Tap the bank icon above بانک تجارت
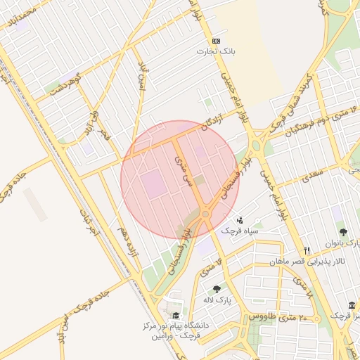click(216, 41)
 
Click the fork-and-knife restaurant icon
click(307, 250)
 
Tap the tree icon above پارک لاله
click(216, 289)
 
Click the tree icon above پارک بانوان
click(343, 231)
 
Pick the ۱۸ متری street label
click(300, 287)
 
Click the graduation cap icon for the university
click(175, 316)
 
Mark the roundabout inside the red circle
click(205, 212)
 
